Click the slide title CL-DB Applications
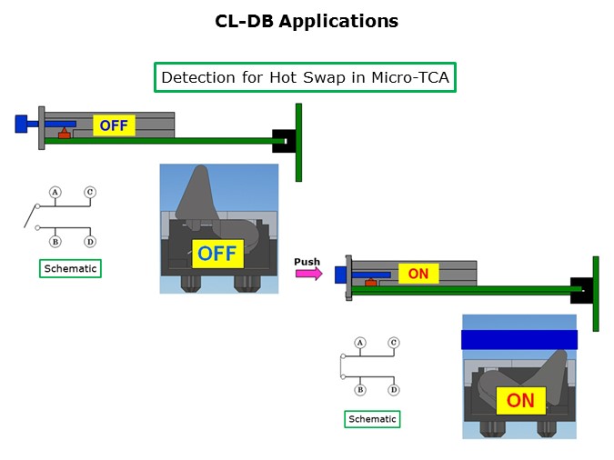point(307,21)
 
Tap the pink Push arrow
point(308,274)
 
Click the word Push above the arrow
point(307,262)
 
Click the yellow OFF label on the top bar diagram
point(114,125)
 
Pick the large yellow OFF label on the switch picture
point(217,253)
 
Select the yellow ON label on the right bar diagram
point(418,274)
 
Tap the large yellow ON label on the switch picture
point(520,400)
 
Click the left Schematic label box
point(70,268)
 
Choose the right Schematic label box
point(372,419)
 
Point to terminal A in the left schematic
point(55,192)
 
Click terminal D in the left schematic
point(90,241)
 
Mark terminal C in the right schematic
point(394,343)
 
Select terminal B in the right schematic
point(360,389)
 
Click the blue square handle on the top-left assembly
point(21,123)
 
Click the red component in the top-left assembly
point(64,135)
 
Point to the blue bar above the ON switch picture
point(519,339)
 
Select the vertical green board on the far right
point(596,293)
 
